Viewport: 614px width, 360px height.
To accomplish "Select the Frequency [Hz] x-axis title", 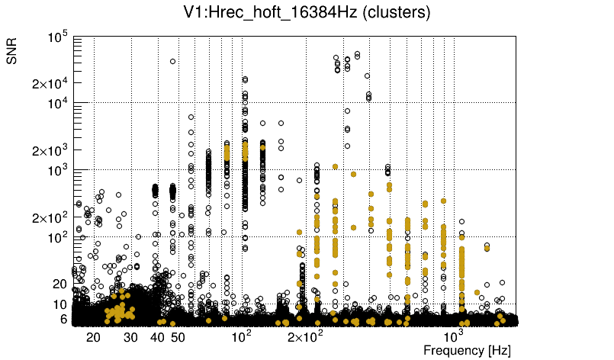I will [467, 350].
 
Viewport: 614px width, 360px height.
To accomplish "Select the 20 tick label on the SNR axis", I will [60, 284].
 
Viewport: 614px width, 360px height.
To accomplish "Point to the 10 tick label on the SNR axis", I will [60, 304].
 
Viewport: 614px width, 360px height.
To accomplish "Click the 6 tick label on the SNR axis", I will [64, 319].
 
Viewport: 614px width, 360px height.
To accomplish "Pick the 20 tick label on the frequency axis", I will [94, 337].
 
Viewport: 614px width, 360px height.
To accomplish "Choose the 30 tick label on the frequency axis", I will [131, 337].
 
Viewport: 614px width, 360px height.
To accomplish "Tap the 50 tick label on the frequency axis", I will [178, 337].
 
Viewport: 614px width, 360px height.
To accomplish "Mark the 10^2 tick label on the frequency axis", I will [241, 336].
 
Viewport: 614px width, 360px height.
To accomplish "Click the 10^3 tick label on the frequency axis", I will [454, 336].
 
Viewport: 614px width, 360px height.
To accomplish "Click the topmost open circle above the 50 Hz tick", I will [173, 62].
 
